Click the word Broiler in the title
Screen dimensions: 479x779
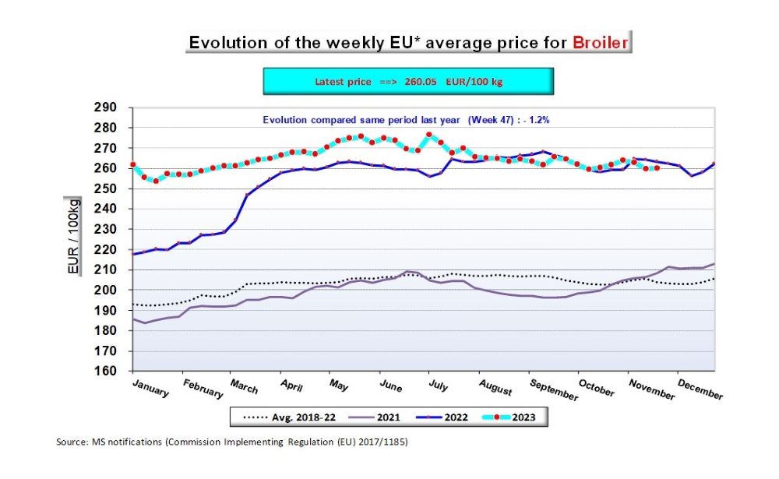tap(600, 42)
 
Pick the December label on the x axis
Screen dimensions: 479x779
tap(700, 389)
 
